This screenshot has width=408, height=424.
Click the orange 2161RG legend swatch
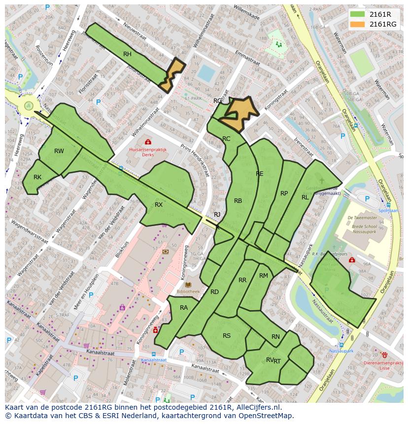[358, 24]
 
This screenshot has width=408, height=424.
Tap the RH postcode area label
[127, 54]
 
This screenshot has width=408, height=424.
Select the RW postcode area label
[59, 151]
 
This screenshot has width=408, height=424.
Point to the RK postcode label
[37, 177]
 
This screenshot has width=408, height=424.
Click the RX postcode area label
[159, 204]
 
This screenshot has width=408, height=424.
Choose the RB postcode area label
[238, 200]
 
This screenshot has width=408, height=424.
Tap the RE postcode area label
[260, 174]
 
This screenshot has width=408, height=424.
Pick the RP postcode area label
[284, 194]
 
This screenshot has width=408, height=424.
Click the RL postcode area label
[305, 197]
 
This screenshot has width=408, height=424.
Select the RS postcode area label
[227, 336]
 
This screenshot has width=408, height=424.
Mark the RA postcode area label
[184, 308]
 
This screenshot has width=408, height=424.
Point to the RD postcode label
[214, 292]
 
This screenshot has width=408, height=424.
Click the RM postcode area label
[264, 276]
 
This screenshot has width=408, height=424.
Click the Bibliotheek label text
[188, 292]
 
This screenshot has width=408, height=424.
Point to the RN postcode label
[275, 337]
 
